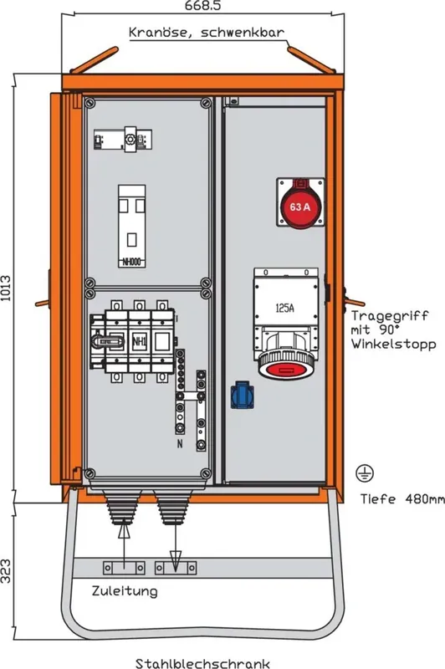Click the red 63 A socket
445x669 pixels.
point(300,202)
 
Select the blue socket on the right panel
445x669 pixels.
point(242,395)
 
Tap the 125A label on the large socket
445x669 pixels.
point(284,308)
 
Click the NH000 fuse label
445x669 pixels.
point(131,262)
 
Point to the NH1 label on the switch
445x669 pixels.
point(139,341)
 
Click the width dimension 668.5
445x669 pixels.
point(202,6)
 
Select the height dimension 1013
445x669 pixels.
point(6,289)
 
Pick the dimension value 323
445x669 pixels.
point(6,571)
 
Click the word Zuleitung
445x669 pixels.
point(125,591)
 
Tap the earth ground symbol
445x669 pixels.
point(365,473)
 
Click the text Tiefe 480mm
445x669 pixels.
point(402,498)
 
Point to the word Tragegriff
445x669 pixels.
point(390,316)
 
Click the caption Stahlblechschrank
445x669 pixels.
point(202,663)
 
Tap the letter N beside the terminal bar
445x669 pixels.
point(180,444)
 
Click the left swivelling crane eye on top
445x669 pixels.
point(95,59)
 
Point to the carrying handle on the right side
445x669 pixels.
point(353,300)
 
